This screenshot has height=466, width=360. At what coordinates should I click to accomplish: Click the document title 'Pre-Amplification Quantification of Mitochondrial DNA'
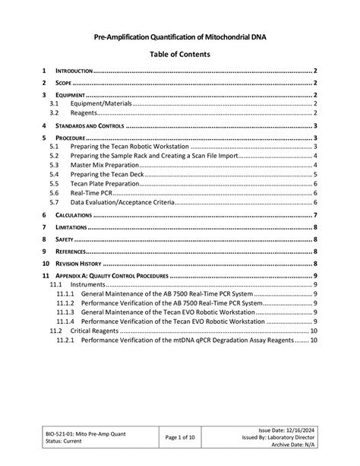(179, 36)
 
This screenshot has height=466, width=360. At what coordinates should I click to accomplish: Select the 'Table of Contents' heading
(179, 55)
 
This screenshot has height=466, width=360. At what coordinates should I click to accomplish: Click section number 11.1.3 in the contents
(65, 312)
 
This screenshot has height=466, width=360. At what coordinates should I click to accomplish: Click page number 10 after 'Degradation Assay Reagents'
(313, 341)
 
